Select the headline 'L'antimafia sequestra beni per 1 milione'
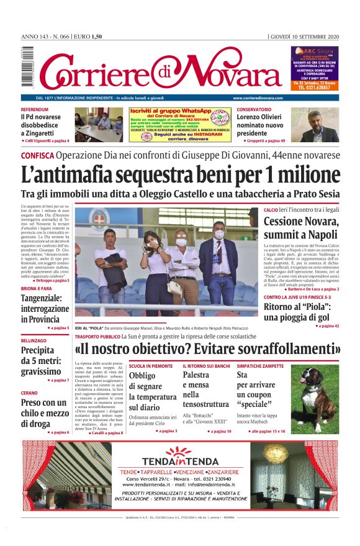[180, 174]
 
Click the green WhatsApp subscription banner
[179, 125]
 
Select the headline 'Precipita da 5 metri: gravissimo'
[41, 360]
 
